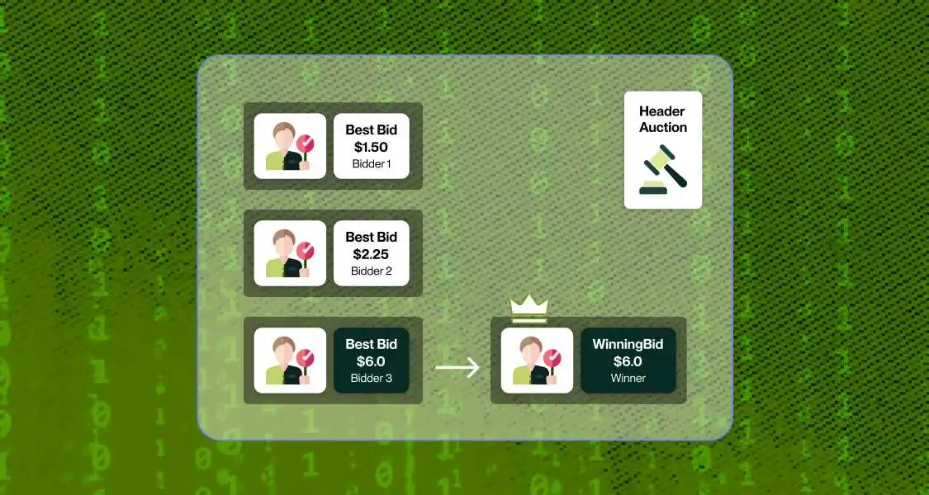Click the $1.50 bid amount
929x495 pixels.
(x=371, y=147)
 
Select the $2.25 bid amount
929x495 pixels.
(x=371, y=254)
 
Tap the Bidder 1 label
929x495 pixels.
(x=371, y=164)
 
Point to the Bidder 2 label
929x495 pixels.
(x=371, y=271)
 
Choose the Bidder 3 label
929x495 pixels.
(x=371, y=379)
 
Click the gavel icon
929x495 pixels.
(x=663, y=171)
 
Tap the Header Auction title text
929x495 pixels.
(x=663, y=120)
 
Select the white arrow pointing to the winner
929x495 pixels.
(x=457, y=367)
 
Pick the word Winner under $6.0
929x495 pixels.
(x=628, y=379)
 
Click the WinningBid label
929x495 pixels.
(x=628, y=344)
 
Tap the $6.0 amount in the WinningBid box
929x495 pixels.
(x=628, y=361)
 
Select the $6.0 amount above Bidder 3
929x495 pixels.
(x=371, y=361)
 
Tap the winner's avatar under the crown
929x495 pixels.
(x=537, y=361)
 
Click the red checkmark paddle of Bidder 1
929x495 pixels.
(x=306, y=144)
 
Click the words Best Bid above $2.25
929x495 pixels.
(x=371, y=237)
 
